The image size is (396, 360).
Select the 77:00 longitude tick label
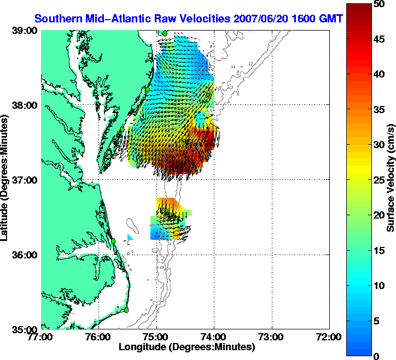(42, 337)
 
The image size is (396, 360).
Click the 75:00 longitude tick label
(157, 337)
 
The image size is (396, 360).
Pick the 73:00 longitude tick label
(272, 337)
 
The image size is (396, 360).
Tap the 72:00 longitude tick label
(330, 337)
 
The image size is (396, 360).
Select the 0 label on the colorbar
(376, 356)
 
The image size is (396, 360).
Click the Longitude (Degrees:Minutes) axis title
(187, 347)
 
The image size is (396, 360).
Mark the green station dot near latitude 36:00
(113, 240)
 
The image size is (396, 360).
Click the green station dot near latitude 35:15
(126, 310)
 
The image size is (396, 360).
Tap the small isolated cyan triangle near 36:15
(130, 237)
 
